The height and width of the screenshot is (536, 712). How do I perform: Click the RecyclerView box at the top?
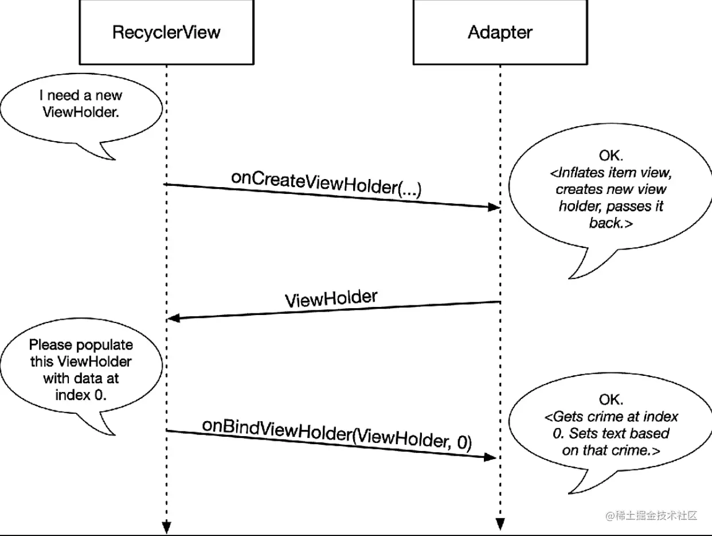click(x=166, y=32)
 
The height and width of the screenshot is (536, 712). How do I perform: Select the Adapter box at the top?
click(x=500, y=32)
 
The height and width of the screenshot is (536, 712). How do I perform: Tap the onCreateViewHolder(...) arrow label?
click(x=326, y=184)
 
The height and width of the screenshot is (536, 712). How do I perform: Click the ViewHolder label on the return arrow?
click(x=331, y=298)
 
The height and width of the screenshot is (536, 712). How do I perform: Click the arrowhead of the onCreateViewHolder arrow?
click(x=494, y=207)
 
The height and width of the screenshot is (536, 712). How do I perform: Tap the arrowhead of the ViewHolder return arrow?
click(x=173, y=318)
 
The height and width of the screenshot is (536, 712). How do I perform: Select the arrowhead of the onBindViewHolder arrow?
click(x=490, y=457)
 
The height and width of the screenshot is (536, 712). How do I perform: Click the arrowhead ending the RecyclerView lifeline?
click(x=166, y=525)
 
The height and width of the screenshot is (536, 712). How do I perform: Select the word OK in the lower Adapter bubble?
click(x=611, y=399)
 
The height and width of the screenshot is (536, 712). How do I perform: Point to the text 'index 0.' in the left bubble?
click(x=80, y=395)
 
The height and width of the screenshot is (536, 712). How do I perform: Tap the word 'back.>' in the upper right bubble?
click(x=611, y=223)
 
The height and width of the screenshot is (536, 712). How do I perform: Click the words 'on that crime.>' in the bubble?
click(x=611, y=451)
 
